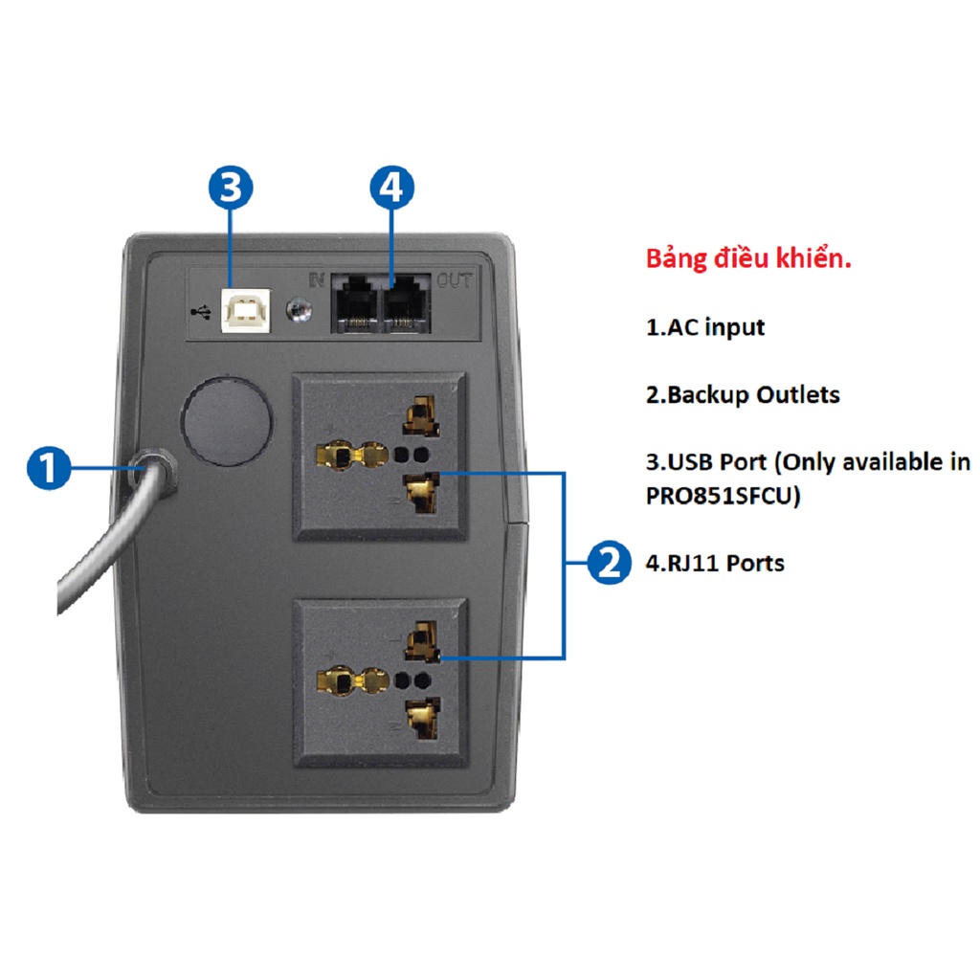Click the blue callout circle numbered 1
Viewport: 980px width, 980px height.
[49, 467]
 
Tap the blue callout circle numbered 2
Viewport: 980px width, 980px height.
[609, 563]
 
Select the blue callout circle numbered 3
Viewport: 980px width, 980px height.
[231, 188]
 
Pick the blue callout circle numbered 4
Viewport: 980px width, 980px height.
[391, 188]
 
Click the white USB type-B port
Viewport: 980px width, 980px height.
[246, 309]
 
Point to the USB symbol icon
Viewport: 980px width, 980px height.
[201, 311]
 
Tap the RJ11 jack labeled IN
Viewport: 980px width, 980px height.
[354, 303]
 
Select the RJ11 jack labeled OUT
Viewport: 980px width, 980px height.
[406, 303]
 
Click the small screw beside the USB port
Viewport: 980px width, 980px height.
[299, 309]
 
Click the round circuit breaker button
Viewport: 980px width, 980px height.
[227, 421]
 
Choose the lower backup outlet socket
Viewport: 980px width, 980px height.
[381, 682]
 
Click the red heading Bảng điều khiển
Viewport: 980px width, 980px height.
[748, 258]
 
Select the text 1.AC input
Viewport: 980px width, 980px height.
[705, 327]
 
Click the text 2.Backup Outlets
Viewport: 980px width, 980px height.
[743, 394]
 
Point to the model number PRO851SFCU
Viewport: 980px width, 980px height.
[719, 496]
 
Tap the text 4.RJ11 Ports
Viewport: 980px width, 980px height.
[715, 563]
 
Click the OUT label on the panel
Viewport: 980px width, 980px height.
[455, 280]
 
